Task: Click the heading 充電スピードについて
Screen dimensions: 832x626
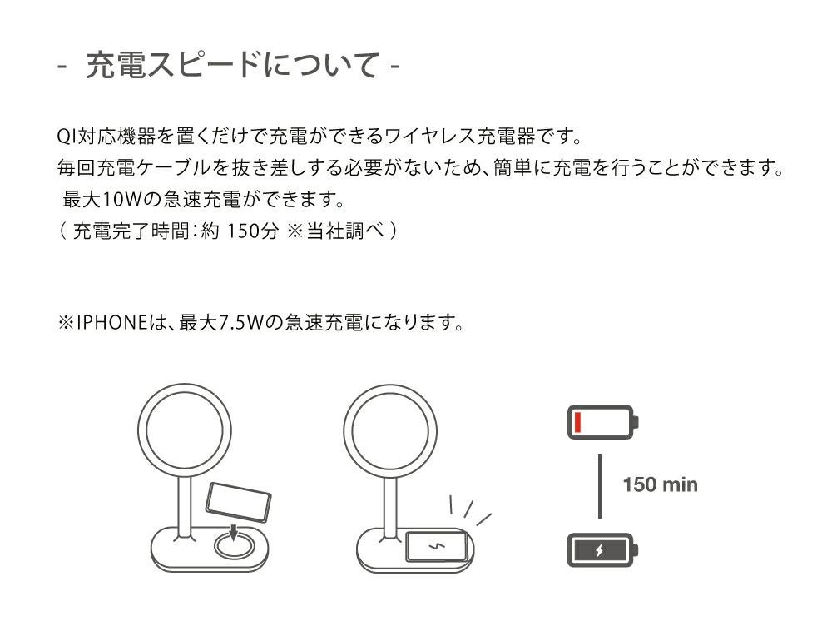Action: click(x=231, y=65)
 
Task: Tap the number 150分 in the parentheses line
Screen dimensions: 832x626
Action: click(x=252, y=231)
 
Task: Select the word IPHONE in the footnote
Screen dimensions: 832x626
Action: click(x=111, y=322)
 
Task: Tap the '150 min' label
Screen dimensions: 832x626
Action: click(x=660, y=484)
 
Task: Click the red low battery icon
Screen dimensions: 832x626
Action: click(x=602, y=422)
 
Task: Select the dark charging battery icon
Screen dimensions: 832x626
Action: click(x=602, y=550)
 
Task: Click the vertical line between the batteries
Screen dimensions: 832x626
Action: click(x=600, y=486)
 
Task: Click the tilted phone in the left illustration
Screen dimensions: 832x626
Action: click(x=238, y=502)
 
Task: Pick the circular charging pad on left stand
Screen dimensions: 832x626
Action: click(x=234, y=546)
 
